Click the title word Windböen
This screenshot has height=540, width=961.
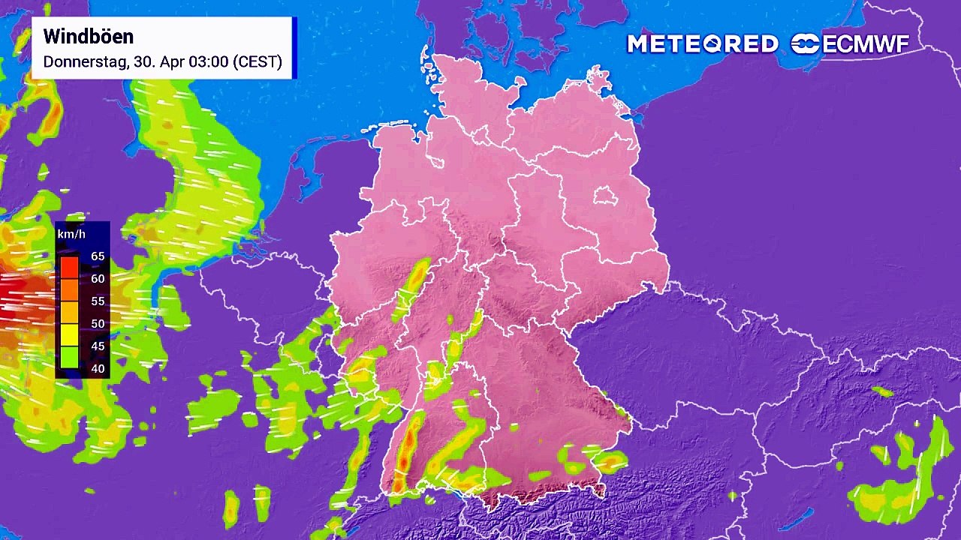click(x=89, y=37)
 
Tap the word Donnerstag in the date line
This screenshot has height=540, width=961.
click(x=84, y=62)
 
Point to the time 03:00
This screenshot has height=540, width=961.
click(x=209, y=62)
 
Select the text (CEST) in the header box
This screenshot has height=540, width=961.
click(x=258, y=62)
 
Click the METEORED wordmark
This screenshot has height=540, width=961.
click(x=703, y=44)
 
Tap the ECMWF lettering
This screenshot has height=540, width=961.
click(x=866, y=44)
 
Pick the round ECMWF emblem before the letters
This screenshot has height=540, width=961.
click(x=806, y=44)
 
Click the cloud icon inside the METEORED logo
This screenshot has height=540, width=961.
click(x=718, y=44)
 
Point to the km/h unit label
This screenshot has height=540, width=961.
click(x=71, y=235)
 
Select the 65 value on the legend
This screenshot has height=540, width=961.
click(x=98, y=256)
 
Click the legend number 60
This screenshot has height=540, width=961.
click(x=98, y=279)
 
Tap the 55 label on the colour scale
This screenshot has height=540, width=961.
click(x=98, y=301)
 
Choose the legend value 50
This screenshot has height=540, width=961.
click(x=98, y=324)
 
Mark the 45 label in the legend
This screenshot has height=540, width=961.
click(x=98, y=346)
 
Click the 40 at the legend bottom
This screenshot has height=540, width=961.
click(x=98, y=369)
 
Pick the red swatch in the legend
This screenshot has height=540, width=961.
click(x=69, y=267)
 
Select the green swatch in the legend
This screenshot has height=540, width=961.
click(x=69, y=357)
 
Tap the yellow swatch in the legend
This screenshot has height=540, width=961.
click(x=69, y=334)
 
